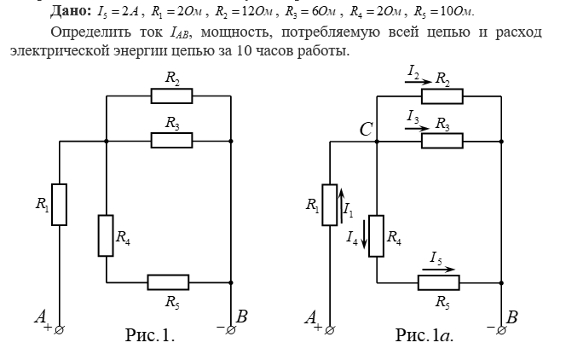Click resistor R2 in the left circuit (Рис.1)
pos(172,96)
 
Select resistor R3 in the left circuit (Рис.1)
pos(172,140)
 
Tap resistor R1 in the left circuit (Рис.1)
pos(59,205)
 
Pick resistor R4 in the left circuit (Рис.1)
pos(106,235)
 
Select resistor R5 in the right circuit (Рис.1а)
pos(438,282)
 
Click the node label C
pos(365,130)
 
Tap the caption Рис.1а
pos(424,334)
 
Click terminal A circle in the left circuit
pos(59,329)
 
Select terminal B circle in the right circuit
pos(500,329)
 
